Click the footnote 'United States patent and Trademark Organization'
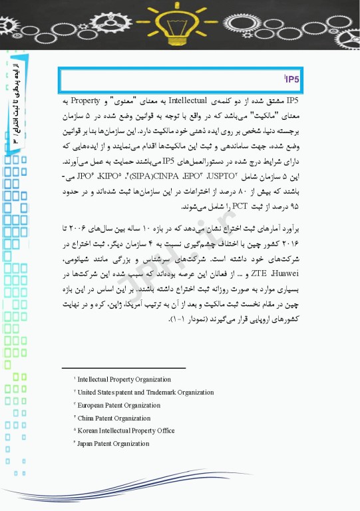pyautogui.click(x=145, y=393)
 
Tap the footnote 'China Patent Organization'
pyautogui.click(x=114, y=418)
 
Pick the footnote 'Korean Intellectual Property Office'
pyautogui.click(x=126, y=430)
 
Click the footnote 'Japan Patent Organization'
pyautogui.click(x=114, y=443)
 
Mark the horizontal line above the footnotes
pyautogui.click(x=123, y=367)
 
